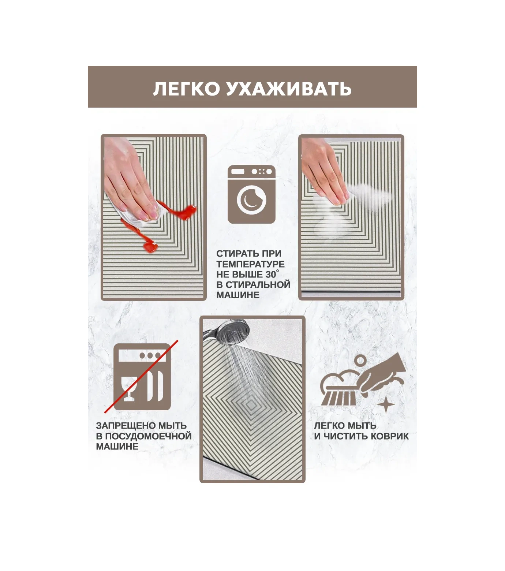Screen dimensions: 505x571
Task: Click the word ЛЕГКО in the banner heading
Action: coord(186,89)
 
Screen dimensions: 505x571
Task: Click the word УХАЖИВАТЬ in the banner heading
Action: coord(289,89)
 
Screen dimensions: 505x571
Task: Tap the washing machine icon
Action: coord(252,194)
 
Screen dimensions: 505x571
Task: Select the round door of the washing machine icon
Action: coord(252,199)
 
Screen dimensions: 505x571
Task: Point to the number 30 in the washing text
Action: coord(271,275)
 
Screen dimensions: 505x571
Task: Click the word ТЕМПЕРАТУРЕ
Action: coord(250,264)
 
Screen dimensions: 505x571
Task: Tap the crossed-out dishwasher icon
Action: coord(142,377)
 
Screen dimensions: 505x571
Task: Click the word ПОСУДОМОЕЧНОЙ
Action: coord(148,436)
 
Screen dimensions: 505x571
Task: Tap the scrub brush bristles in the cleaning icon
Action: coord(338,398)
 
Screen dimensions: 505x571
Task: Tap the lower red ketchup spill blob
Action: coord(150,247)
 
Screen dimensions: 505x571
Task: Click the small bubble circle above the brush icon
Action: coord(360,361)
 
